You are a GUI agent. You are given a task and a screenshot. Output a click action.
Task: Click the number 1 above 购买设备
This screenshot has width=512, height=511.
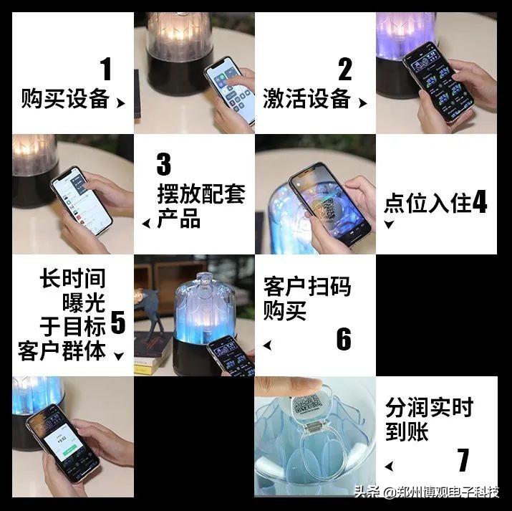pyautogui.click(x=106, y=70)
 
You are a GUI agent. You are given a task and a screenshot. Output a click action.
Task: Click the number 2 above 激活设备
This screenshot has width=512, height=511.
pyautogui.click(x=345, y=70)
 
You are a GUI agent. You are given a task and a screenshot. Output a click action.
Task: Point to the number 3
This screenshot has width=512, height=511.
pyautogui.click(x=164, y=164)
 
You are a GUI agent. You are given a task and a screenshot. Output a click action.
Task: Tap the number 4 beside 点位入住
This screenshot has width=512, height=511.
pyautogui.click(x=480, y=203)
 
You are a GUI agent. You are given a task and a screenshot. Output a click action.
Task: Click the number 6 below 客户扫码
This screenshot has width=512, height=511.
pyautogui.click(x=344, y=339)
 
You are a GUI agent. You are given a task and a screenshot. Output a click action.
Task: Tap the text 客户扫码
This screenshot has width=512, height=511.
pyautogui.click(x=307, y=287)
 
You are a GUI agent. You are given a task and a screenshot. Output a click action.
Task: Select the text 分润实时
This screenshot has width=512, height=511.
pyautogui.click(x=430, y=409)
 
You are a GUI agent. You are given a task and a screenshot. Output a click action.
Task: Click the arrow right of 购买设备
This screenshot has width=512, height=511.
pyautogui.click(x=120, y=103)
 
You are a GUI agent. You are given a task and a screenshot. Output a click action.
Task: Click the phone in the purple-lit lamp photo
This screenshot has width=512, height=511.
pyautogui.click(x=433, y=79)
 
